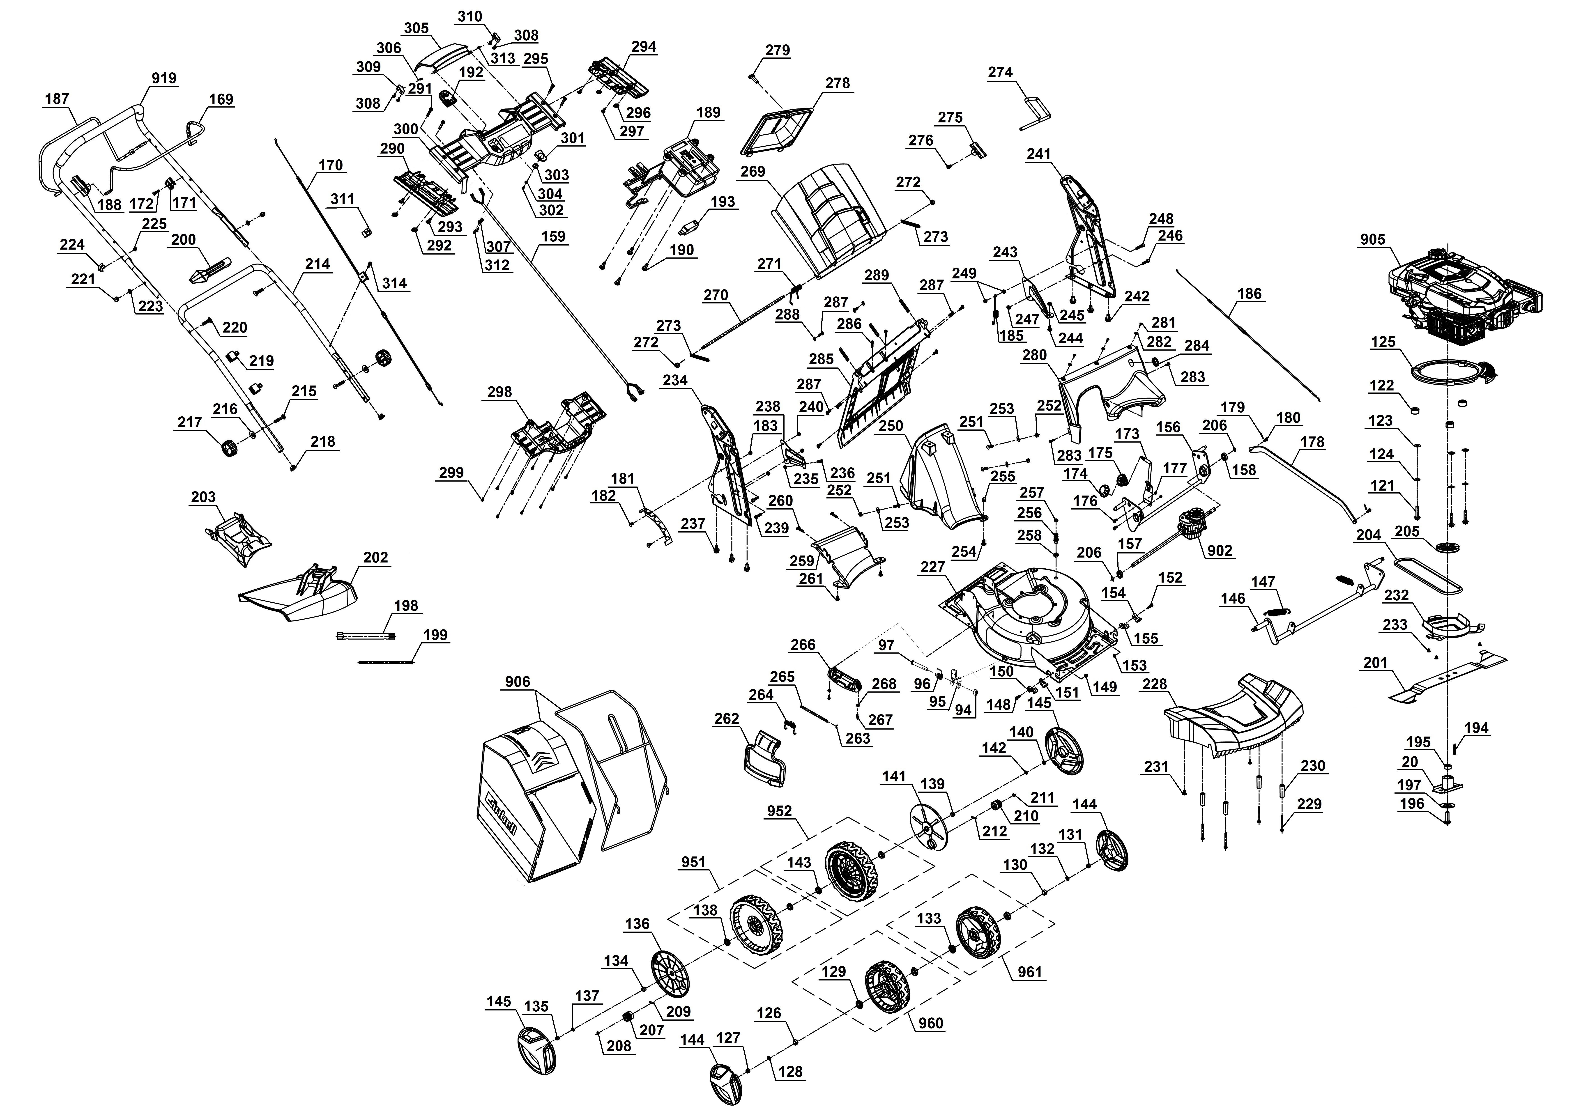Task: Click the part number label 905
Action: pos(1372,240)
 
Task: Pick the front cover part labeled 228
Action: pos(1233,719)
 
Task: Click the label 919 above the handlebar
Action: pos(164,78)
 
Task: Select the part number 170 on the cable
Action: pos(331,165)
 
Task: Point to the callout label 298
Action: pos(499,392)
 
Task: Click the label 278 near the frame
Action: pos(837,83)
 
